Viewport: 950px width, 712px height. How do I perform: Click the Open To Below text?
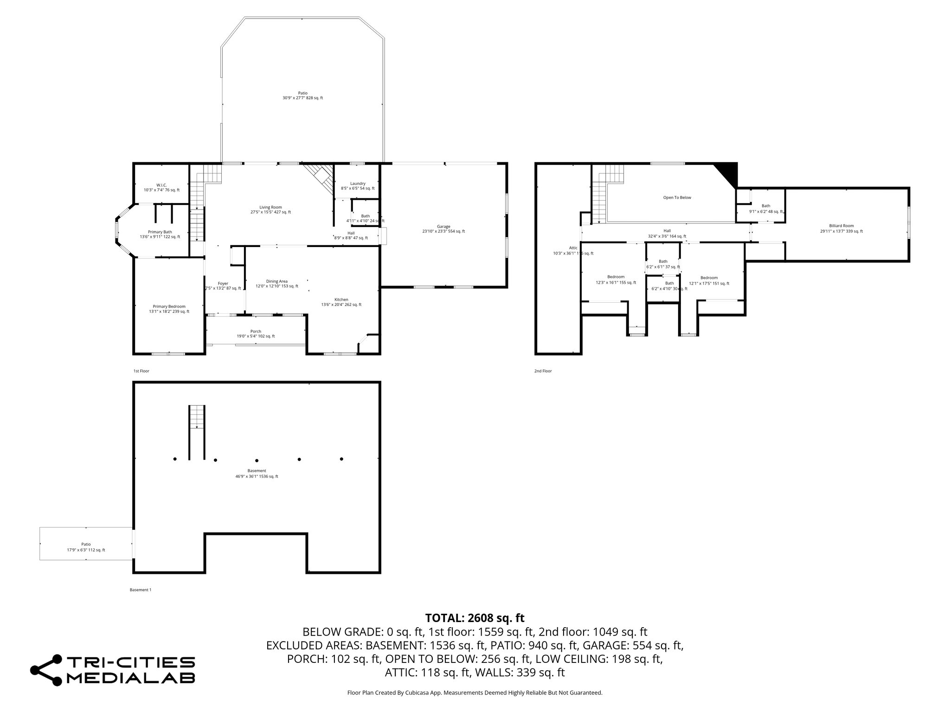pos(677,197)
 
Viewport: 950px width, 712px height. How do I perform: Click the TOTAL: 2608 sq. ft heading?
pos(475,618)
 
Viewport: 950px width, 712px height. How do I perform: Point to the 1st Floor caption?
pos(141,371)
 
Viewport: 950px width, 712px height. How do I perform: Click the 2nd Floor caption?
pos(543,371)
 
